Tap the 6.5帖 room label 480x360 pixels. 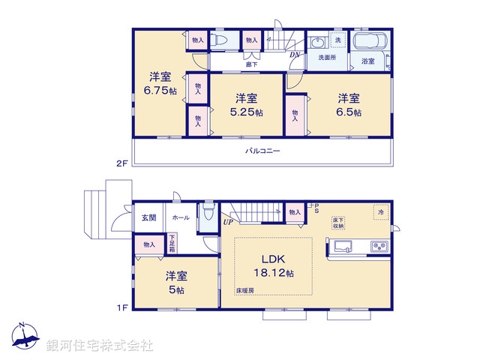coord(348,105)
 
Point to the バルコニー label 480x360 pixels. coord(262,151)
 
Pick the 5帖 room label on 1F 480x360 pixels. coord(176,283)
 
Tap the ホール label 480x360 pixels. coord(180,217)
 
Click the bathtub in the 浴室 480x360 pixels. coord(368,42)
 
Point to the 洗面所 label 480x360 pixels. coord(327,58)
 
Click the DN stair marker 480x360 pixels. coord(296,55)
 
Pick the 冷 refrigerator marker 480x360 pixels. coord(381,212)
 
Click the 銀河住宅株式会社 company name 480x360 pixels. coord(100,346)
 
